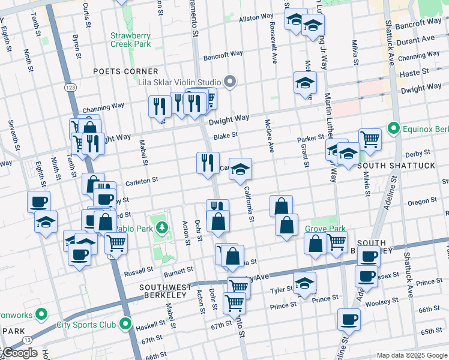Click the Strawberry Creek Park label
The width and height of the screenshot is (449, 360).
(x=130, y=39)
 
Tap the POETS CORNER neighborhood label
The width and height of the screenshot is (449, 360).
(x=125, y=71)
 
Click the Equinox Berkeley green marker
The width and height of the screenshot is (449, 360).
(x=393, y=128)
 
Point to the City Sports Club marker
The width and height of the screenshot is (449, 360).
(x=125, y=325)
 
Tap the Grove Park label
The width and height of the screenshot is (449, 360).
(x=325, y=229)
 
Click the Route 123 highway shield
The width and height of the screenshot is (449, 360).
(x=70, y=88)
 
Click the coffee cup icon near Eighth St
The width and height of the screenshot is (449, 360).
(x=39, y=202)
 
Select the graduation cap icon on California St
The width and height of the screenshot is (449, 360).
(x=241, y=169)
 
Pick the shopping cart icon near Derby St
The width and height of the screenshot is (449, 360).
(x=370, y=139)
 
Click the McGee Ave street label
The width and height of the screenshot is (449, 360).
(x=270, y=135)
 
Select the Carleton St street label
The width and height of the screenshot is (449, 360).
(x=141, y=179)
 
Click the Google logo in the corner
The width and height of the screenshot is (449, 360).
(x=19, y=353)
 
